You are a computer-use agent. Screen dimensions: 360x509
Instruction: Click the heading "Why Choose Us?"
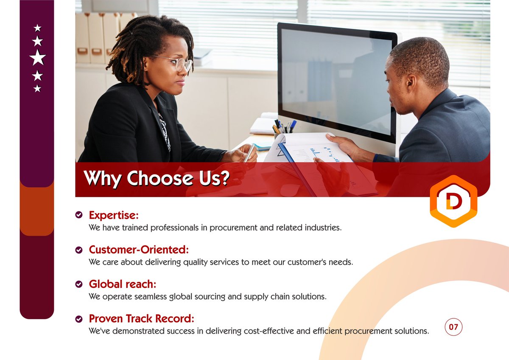coord(156,178)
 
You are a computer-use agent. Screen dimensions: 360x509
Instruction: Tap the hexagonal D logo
coord(453,202)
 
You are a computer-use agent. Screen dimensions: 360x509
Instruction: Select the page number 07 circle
coord(453,327)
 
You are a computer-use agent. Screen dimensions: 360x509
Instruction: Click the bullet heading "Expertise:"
coord(114,215)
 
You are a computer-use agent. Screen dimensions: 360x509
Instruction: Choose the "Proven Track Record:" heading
coord(142,318)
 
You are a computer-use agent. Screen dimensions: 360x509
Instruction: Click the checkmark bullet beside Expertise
coord(79,215)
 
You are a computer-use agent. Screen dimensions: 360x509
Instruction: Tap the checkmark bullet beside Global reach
coord(79,284)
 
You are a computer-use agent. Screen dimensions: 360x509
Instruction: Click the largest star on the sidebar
coord(37,57)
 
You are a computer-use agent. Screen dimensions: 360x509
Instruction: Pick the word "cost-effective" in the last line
coord(269,331)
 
